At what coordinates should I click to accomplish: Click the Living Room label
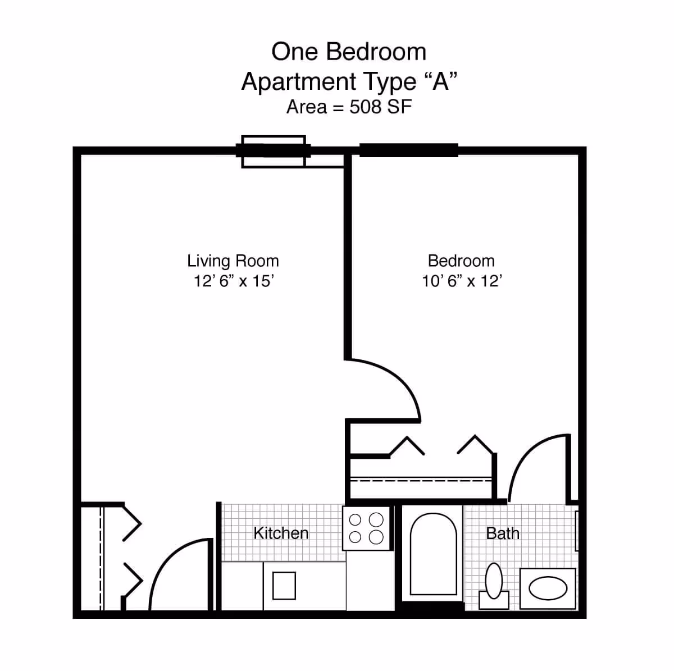233,261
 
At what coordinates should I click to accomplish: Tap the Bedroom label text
461,261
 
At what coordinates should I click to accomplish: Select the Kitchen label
281,533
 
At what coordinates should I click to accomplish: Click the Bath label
503,533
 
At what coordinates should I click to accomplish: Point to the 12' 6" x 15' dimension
234,281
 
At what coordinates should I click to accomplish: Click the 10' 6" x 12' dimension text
462,281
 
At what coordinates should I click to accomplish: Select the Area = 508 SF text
349,107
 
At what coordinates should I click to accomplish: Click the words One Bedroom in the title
349,52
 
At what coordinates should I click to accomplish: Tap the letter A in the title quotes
441,82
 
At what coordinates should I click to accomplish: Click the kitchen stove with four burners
366,528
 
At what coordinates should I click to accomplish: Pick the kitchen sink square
284,586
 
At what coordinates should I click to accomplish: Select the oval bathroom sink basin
548,589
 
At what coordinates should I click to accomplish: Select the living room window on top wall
274,151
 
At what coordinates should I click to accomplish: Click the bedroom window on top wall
408,150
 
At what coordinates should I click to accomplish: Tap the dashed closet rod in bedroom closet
421,480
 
